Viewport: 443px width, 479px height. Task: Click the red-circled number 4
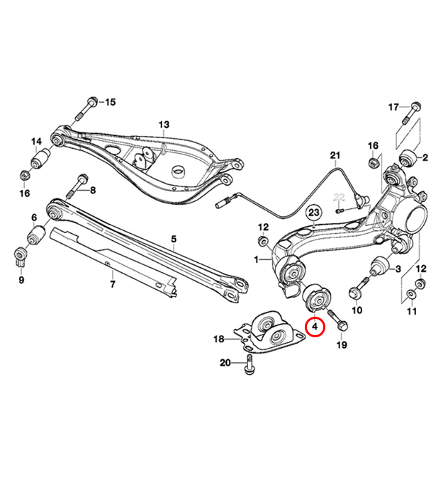[x=315, y=327]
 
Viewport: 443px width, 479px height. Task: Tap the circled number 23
[x=314, y=212]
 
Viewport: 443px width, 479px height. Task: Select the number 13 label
[x=164, y=125]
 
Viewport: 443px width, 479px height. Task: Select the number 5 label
[x=173, y=241]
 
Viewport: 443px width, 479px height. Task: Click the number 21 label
[x=335, y=155]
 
